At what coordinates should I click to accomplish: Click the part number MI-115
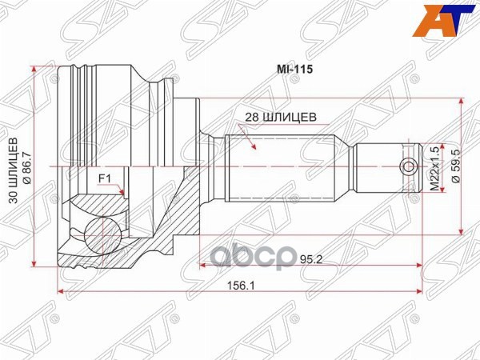[294, 70]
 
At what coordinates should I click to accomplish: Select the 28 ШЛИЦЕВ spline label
[281, 118]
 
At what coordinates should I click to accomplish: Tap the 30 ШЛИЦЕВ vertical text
[14, 171]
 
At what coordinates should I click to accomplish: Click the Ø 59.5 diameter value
[457, 167]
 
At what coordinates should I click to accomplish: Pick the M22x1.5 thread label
[435, 169]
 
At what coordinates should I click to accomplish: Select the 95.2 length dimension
[311, 259]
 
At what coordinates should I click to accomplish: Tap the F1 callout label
[104, 178]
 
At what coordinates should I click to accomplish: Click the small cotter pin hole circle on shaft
[409, 167]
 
